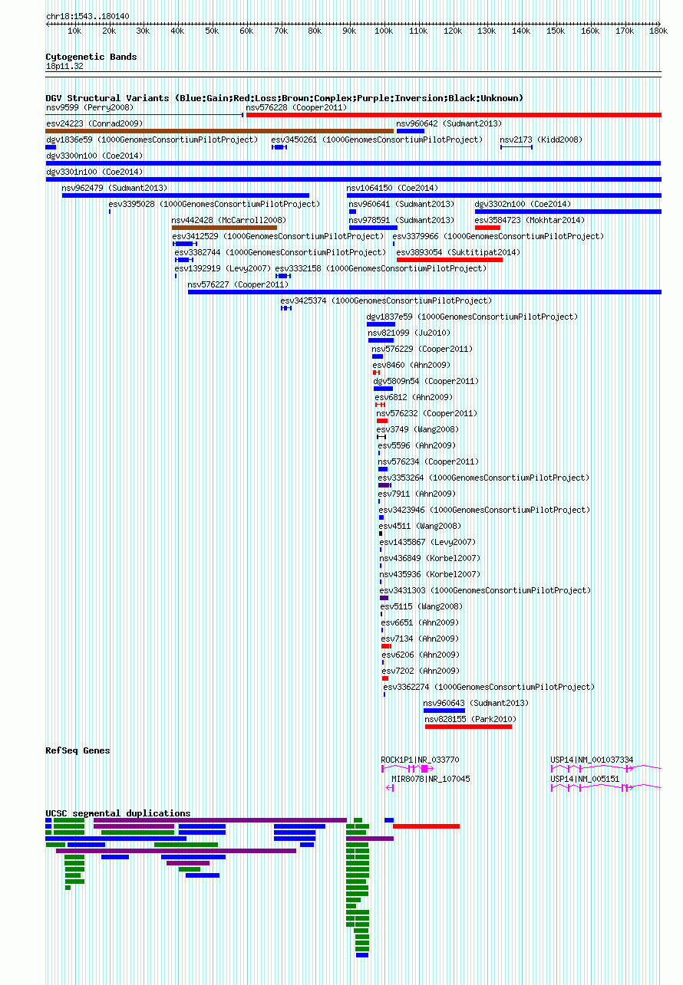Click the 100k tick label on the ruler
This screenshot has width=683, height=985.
coord(384,31)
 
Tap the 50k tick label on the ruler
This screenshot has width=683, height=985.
coord(212,31)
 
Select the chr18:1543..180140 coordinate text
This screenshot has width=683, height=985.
coord(87,16)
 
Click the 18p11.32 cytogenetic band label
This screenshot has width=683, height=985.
coord(64,67)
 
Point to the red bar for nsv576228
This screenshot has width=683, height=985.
coord(454,115)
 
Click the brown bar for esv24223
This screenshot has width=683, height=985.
coord(219,131)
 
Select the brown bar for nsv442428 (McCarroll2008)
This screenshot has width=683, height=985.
coord(224,228)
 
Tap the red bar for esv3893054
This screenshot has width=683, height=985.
coord(450,260)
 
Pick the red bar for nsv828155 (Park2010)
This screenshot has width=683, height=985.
coord(468,727)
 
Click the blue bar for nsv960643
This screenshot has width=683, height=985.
coord(444,711)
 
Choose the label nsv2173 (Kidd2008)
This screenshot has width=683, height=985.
coord(541,140)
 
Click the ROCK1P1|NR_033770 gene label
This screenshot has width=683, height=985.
coord(420,760)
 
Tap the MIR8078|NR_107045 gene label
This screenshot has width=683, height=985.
coord(431,780)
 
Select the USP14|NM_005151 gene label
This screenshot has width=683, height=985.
coord(585,780)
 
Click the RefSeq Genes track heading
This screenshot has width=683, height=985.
coord(78,750)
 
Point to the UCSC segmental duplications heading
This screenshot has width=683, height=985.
coord(118,813)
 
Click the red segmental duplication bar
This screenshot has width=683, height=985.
coord(426,826)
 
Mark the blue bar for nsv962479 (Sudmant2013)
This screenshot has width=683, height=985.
coord(186,195)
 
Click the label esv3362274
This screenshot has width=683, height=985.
coord(406,687)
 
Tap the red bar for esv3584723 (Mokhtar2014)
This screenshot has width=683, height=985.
coord(487,228)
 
